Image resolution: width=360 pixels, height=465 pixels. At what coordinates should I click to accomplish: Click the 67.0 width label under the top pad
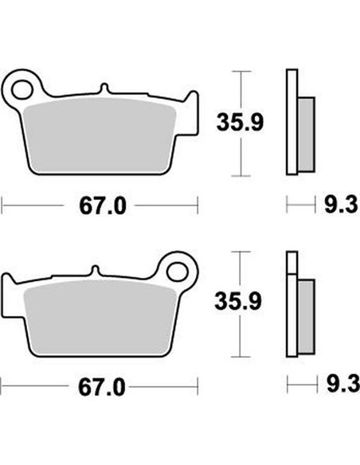tap(102, 207)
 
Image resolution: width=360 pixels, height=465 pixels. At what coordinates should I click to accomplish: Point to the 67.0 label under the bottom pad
tap(102, 389)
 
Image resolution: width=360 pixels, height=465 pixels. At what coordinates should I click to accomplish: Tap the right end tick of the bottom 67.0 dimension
tap(197, 389)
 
